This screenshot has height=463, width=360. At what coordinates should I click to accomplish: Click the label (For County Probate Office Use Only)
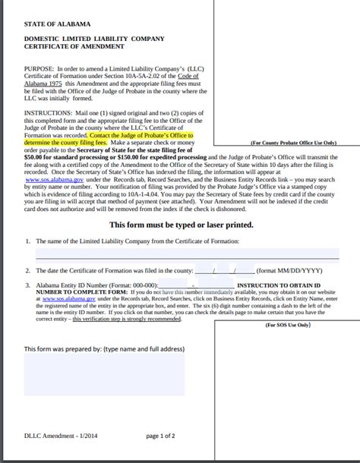pyautogui.click(x=294, y=141)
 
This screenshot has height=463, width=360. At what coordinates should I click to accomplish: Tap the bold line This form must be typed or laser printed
pyautogui.click(x=180, y=225)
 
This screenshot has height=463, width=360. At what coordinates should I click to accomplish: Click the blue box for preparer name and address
pyautogui.click(x=103, y=374)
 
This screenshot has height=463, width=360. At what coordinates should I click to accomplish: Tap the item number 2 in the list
pyautogui.click(x=27, y=270)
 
